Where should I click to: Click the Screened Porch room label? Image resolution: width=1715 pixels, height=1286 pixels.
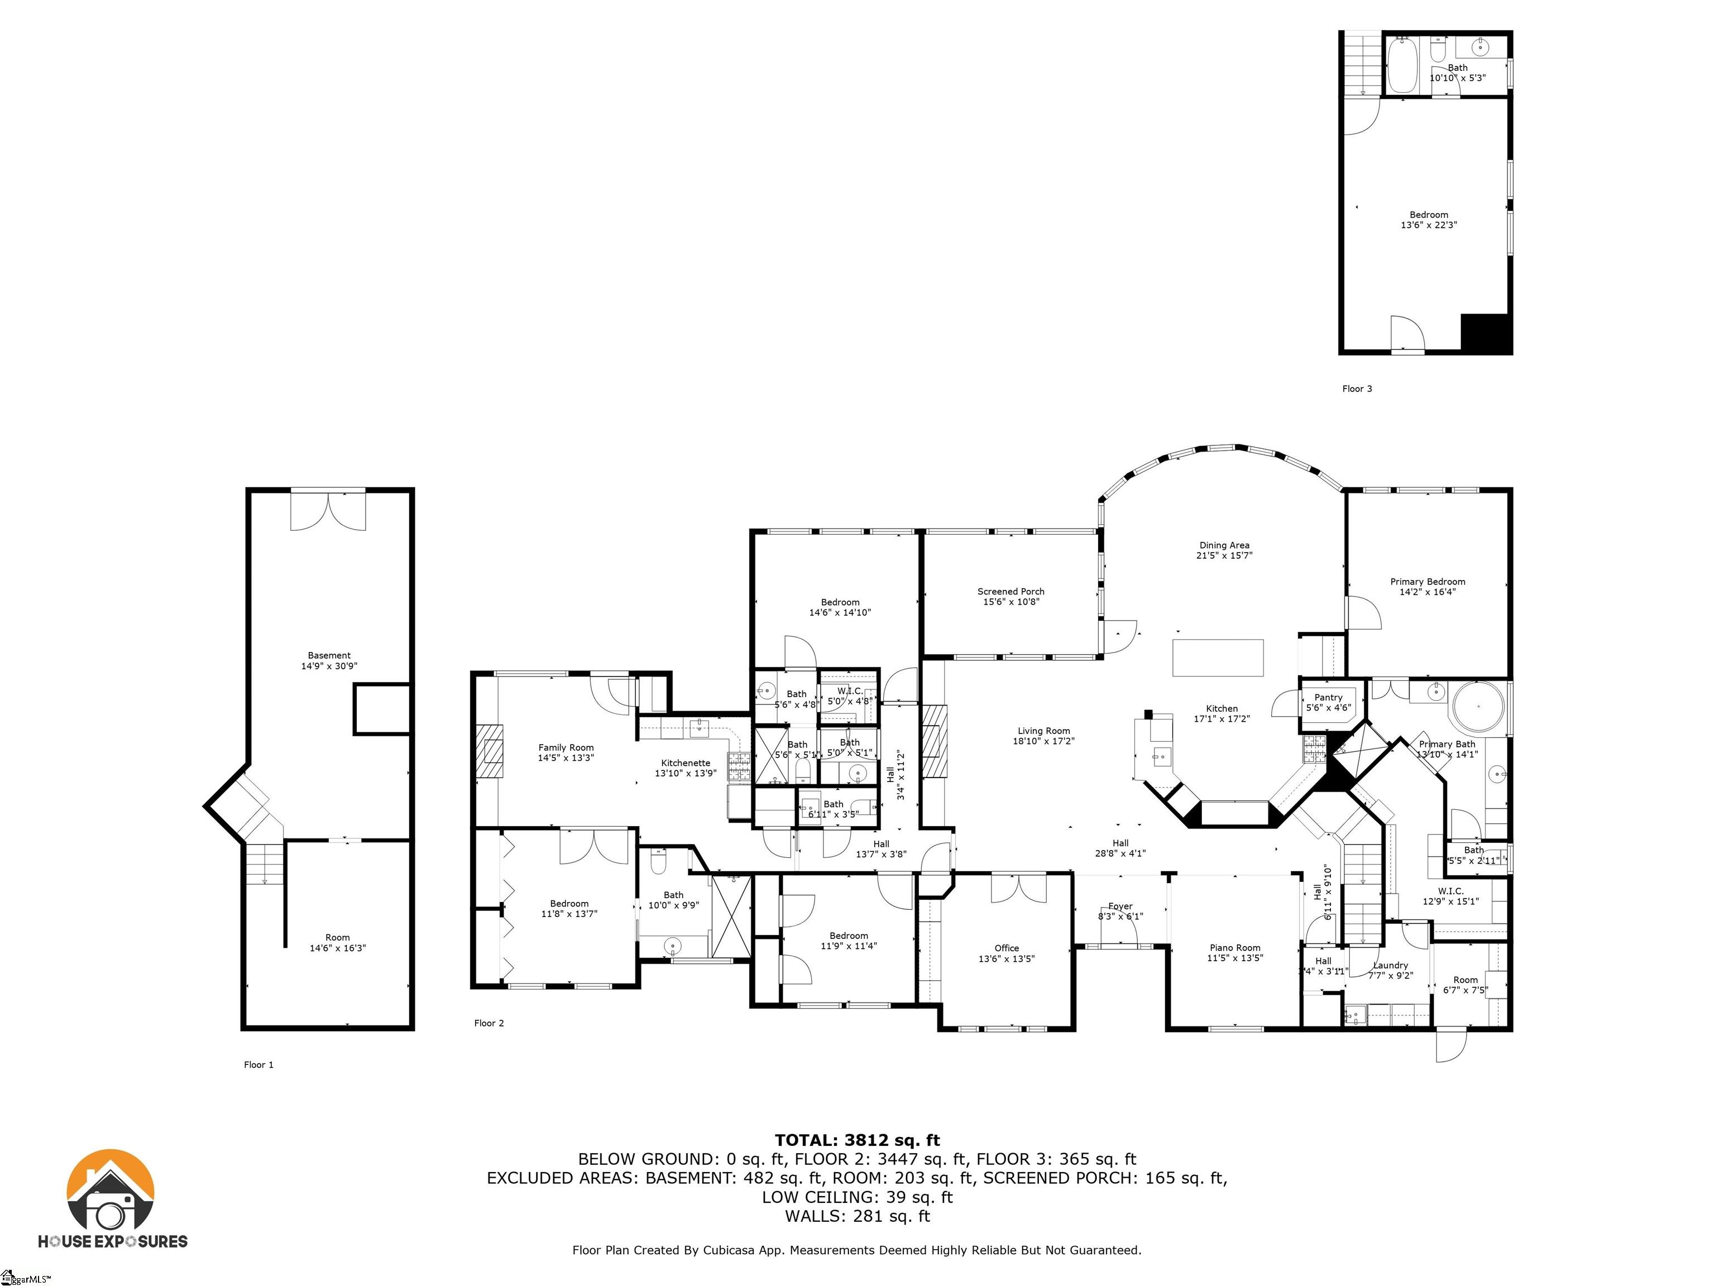[x=1010, y=592]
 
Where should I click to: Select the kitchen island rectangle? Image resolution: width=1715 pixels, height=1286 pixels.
[x=1218, y=658]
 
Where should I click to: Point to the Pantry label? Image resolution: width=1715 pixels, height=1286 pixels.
[x=1328, y=698]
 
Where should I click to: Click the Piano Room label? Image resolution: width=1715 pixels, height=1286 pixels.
[x=1235, y=947]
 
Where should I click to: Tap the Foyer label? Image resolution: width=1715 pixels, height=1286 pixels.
[x=1120, y=906]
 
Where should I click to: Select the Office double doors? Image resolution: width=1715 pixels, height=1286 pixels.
[x=1013, y=889]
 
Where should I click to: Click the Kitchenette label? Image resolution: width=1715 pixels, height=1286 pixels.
[x=686, y=763]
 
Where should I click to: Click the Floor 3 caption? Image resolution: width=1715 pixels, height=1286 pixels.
[x=1357, y=389]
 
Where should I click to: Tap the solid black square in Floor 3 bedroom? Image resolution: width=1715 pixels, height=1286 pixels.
[x=1485, y=333]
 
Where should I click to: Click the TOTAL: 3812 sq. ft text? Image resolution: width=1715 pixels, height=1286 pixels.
[x=857, y=1140]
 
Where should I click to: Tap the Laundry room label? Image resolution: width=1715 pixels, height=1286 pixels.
[x=1390, y=966]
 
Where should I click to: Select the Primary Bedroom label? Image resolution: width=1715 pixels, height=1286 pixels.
[x=1427, y=582]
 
